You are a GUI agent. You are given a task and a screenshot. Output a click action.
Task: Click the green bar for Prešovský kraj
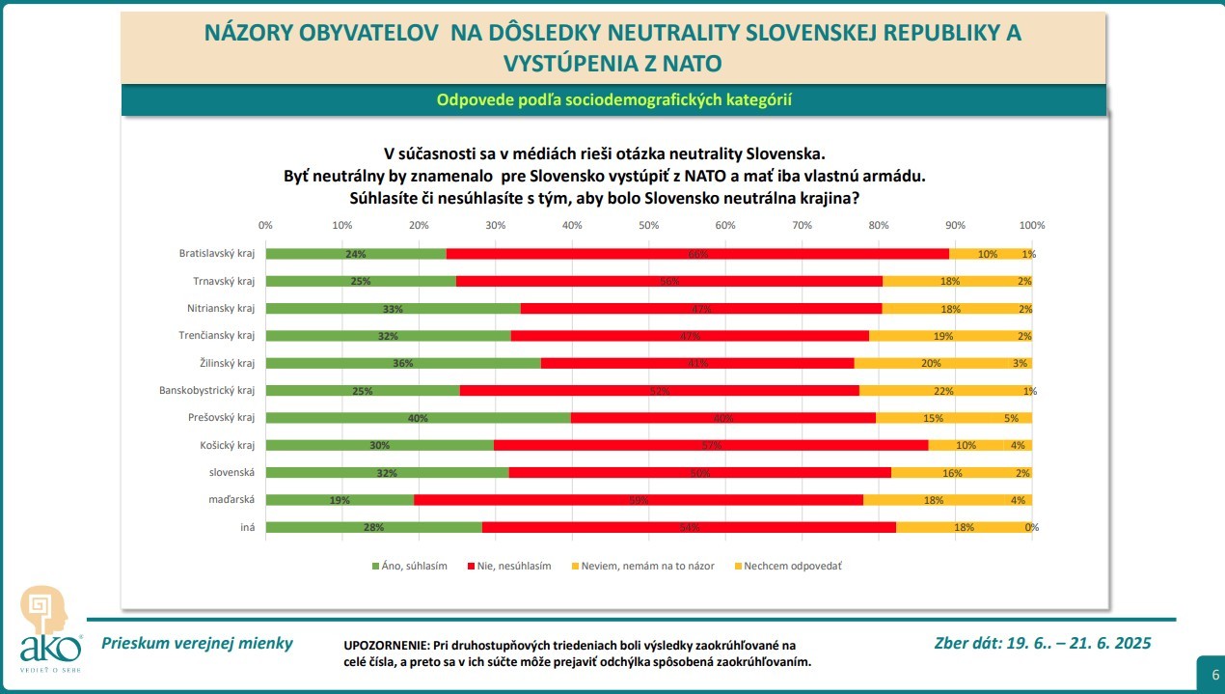coord(418,418)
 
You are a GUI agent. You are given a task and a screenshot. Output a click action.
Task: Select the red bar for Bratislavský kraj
coord(697,254)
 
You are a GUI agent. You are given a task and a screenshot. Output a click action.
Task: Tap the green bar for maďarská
coord(340,500)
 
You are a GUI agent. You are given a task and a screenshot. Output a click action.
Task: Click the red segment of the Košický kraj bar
coord(711,445)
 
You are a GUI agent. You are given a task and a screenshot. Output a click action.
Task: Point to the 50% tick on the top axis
coord(649,225)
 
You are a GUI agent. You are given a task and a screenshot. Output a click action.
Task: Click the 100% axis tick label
coord(1032,225)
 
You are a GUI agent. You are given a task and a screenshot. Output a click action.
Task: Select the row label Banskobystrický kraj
coord(206,391)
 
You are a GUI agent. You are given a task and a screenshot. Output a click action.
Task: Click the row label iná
coord(247,528)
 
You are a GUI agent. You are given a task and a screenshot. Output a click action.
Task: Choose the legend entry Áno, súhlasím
coord(409,566)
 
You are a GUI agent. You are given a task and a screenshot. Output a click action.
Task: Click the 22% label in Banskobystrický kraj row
coord(944,391)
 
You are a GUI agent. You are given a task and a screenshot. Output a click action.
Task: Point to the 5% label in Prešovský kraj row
coord(1011,418)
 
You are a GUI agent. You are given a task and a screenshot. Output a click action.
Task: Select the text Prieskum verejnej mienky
coord(197,644)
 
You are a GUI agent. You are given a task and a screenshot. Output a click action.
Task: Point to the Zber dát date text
coord(1043,644)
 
